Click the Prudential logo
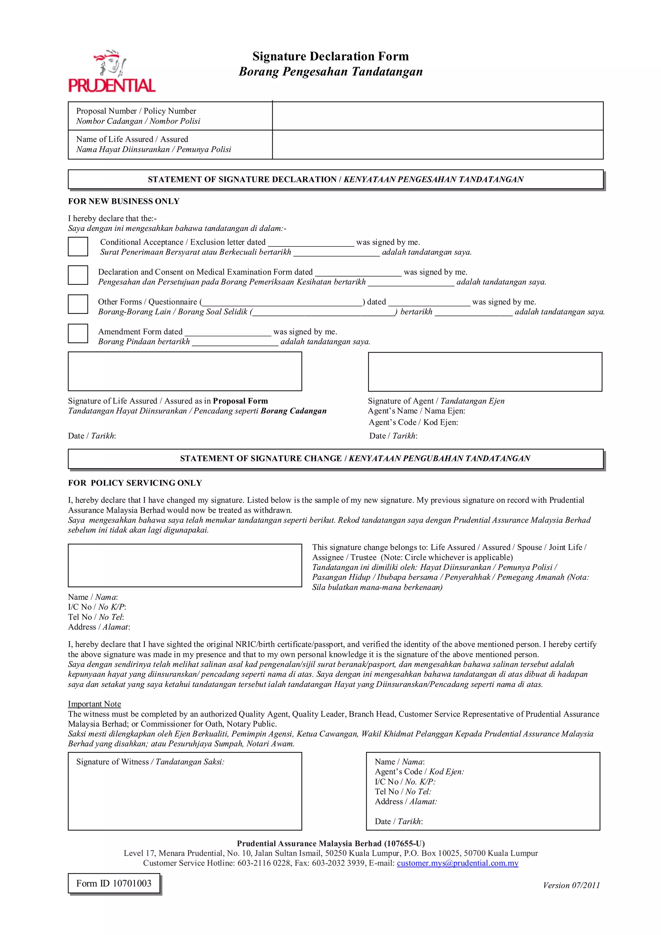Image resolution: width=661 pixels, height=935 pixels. pos(112,71)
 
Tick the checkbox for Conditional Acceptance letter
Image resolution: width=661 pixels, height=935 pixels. pos(78,246)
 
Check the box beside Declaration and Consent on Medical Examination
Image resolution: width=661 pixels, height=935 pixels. pos(78,275)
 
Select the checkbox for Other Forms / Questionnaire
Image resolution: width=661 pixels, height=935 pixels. pos(78,304)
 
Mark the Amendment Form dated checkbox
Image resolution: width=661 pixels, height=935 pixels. pos(78,334)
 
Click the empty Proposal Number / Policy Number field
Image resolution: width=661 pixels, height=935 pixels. pos(437,116)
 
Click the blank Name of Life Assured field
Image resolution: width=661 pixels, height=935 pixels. pos(437,145)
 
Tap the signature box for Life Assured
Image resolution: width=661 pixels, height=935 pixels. pos(185,371)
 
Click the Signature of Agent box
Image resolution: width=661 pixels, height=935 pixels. pos(485,372)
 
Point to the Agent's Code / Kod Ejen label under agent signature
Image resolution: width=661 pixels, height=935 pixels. pos(413,422)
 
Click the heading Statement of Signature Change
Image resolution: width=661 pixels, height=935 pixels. pos(355,458)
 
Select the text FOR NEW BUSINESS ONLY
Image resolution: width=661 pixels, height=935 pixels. pos(124,201)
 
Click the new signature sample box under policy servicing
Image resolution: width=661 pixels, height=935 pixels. pos(185,565)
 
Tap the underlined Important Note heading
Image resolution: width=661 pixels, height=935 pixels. pos(95,704)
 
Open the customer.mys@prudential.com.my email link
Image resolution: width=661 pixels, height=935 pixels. pos(457,863)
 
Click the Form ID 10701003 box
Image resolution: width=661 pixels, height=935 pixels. pos(114,883)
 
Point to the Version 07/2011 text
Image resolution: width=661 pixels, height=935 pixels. pos(571,885)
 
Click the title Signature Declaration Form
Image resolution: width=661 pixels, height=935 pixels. pos(330,56)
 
